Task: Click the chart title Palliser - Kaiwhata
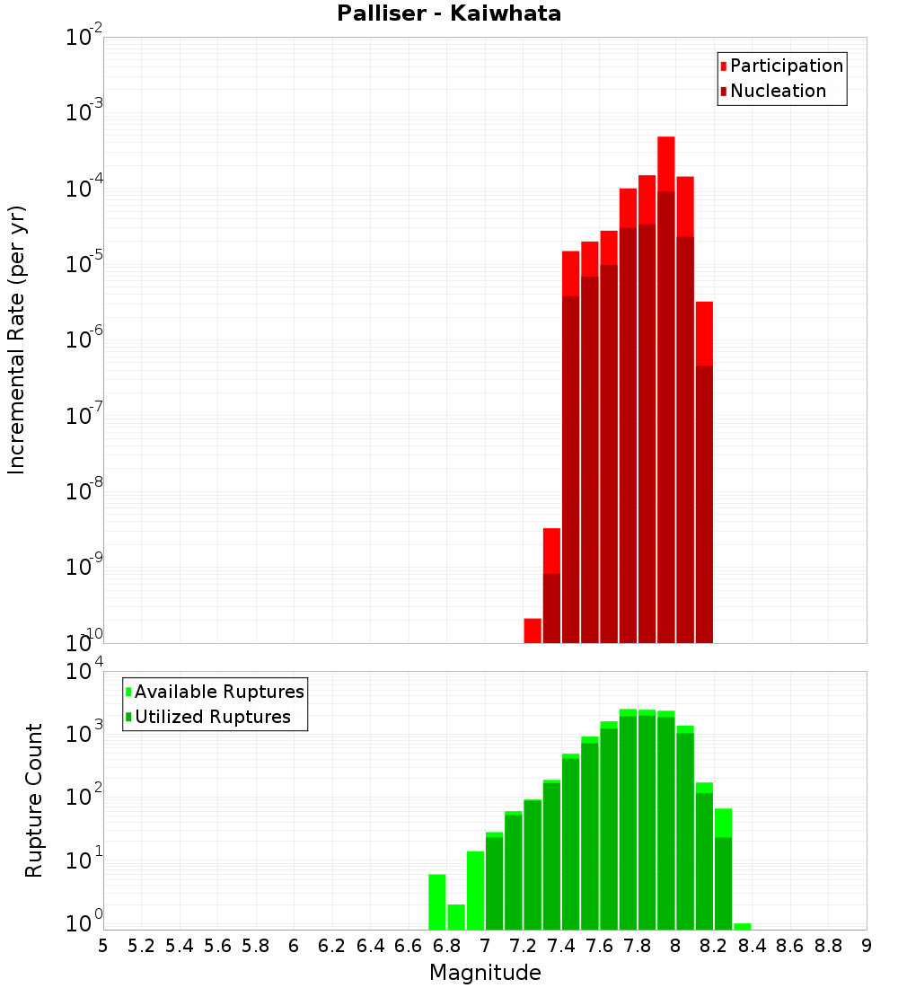point(449,13)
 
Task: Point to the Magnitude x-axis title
point(485,973)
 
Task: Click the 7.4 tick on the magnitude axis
point(561,946)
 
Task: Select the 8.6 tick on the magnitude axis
point(790,946)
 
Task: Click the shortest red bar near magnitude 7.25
point(533,631)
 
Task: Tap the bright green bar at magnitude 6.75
point(437,902)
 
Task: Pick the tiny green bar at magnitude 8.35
point(743,926)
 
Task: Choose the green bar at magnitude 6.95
point(475,890)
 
